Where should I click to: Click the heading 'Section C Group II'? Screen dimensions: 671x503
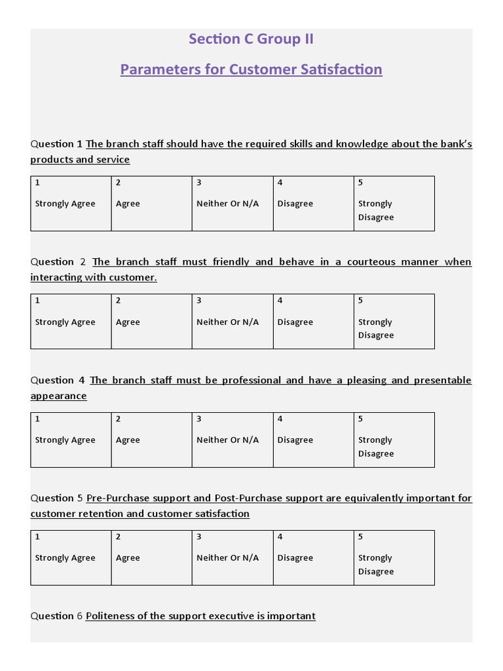(x=251, y=39)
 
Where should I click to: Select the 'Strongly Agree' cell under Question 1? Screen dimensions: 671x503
(x=71, y=203)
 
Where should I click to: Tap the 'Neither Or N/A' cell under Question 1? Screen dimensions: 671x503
(x=232, y=203)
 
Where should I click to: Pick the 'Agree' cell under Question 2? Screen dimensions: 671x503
(x=151, y=321)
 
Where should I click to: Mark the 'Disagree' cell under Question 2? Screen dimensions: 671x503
(x=313, y=321)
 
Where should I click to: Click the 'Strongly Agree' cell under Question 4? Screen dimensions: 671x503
(x=71, y=440)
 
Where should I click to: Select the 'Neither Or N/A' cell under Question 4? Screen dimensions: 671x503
(x=232, y=440)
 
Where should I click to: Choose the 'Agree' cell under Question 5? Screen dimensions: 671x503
(x=151, y=558)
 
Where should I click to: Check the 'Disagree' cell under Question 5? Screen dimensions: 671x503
(x=313, y=558)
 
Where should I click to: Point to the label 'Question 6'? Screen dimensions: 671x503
(x=56, y=616)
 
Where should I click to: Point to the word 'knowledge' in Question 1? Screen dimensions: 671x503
(x=362, y=144)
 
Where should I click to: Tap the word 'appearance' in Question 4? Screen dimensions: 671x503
(x=58, y=396)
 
